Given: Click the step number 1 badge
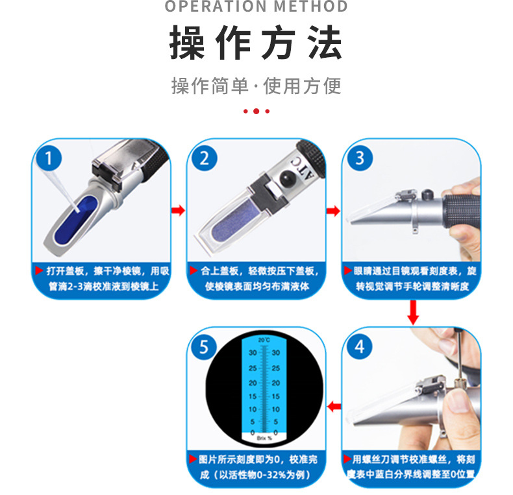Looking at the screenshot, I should pyautogui.click(x=49, y=158).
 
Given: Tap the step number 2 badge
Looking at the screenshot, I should pyautogui.click(x=204, y=158).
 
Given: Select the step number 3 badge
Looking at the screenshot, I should pyautogui.click(x=359, y=158).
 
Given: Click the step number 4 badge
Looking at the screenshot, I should pyautogui.click(x=359, y=346).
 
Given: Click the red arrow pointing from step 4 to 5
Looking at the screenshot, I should pyautogui.click(x=334, y=407).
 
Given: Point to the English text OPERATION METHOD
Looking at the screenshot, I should pyautogui.click(x=256, y=7).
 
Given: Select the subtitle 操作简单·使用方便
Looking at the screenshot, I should pyautogui.click(x=256, y=86).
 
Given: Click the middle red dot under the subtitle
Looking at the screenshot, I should pyautogui.click(x=256, y=111).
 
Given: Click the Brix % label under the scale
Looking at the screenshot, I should pyautogui.click(x=263, y=439).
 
